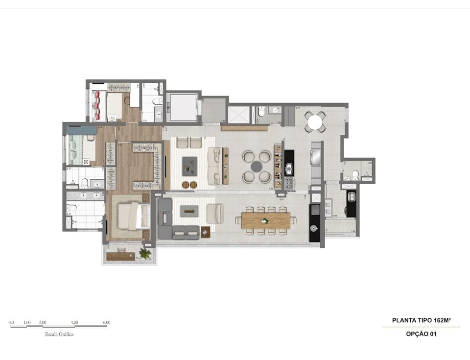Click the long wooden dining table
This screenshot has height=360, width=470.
[266, 220]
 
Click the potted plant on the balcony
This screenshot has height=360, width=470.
[144, 253]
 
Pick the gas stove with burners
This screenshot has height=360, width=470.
[289, 183]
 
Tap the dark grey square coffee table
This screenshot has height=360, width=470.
[189, 166]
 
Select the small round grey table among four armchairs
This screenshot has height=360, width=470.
[257, 167]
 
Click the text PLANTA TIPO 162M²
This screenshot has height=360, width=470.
[421, 320]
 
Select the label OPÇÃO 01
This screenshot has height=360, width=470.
[421, 334]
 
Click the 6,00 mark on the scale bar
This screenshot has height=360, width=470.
[106, 322]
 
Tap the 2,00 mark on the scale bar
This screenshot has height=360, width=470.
[42, 322]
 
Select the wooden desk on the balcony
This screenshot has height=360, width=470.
[120, 256]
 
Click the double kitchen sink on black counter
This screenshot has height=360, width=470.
[289, 169]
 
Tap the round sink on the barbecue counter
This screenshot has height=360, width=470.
[315, 228]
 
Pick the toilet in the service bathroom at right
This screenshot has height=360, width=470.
[355, 175]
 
